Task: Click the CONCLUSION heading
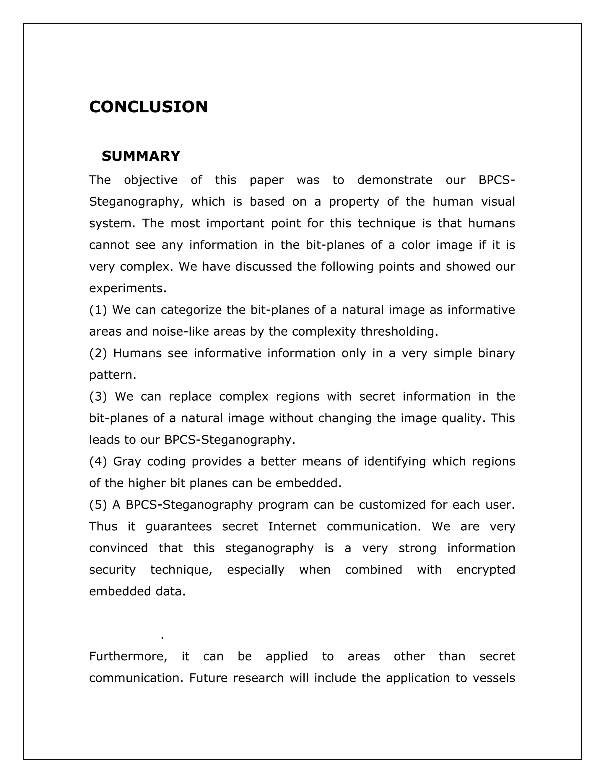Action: point(148,107)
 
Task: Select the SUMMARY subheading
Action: point(141,156)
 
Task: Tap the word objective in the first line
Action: point(151,180)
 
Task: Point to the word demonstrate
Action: point(395,180)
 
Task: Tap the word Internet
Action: point(292,526)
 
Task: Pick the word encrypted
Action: point(486,570)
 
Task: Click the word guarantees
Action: point(178,526)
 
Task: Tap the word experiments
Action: point(128,289)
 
